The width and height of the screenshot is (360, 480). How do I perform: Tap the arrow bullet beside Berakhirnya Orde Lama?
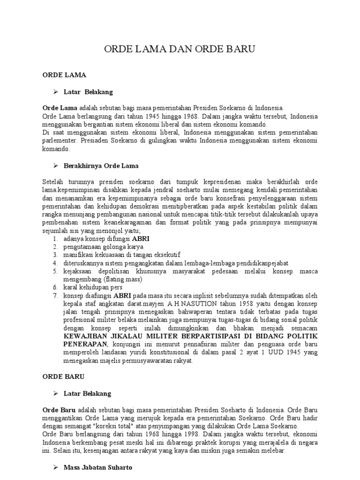55,166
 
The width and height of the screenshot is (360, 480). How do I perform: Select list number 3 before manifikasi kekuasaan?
55,255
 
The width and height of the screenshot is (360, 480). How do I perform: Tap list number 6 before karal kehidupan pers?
55,287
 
